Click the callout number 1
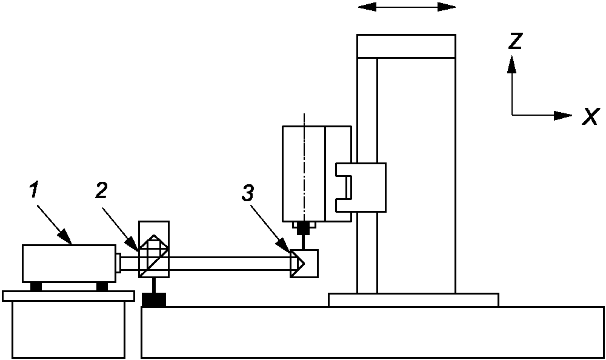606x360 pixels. [x=35, y=190]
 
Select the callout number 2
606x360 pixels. [x=101, y=190]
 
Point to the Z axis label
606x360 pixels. [x=516, y=41]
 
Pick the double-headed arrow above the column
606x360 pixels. [x=407, y=7]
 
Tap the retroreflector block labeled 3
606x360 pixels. [x=304, y=263]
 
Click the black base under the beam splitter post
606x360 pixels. [x=153, y=299]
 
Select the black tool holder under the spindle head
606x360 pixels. [x=304, y=228]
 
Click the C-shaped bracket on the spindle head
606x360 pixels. [x=361, y=187]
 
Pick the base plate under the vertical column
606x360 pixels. [x=413, y=299]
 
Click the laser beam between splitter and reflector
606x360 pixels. [x=230, y=263]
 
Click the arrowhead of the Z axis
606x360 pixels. [x=512, y=62]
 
